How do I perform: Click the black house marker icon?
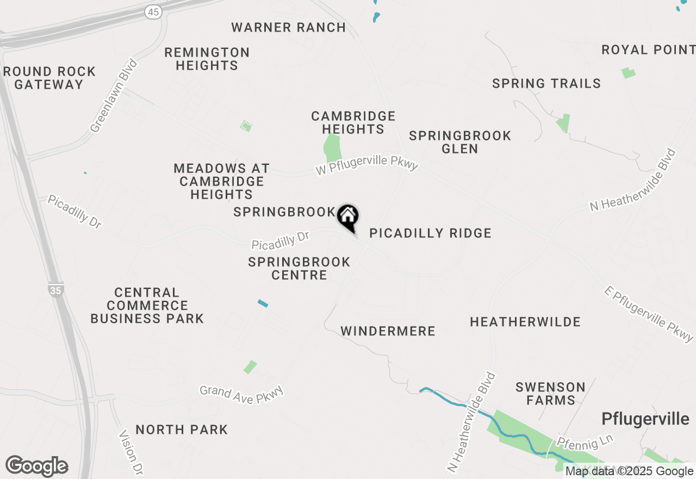pyautogui.click(x=348, y=217)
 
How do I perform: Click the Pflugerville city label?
pyautogui.click(x=645, y=419)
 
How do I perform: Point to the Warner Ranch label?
pyautogui.click(x=288, y=27)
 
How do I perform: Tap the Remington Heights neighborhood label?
pyautogui.click(x=207, y=59)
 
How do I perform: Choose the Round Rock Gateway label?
pyautogui.click(x=49, y=78)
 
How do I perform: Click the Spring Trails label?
pyautogui.click(x=546, y=83)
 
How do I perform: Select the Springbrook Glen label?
pyautogui.click(x=460, y=142)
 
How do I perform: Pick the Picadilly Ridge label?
pyautogui.click(x=430, y=234)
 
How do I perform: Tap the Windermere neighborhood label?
pyautogui.click(x=388, y=331)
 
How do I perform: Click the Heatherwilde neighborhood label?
pyautogui.click(x=525, y=322)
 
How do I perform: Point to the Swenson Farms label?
pyautogui.click(x=550, y=394)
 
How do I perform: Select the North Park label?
pyautogui.click(x=182, y=429)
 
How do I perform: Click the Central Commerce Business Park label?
pyautogui.click(x=147, y=305)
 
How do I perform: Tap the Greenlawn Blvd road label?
pyautogui.click(x=114, y=96)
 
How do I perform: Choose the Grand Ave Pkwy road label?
pyautogui.click(x=241, y=395)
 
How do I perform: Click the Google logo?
pyautogui.click(x=36, y=466)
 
